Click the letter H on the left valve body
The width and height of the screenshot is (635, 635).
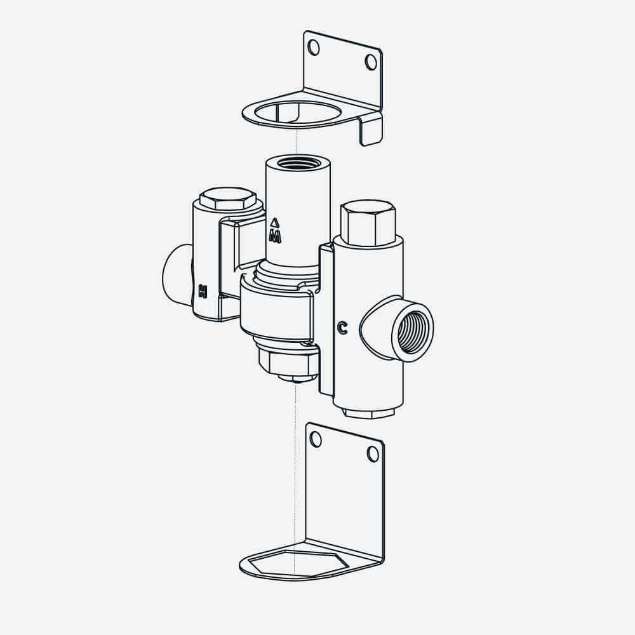[203, 291]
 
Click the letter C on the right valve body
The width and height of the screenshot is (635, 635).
[343, 328]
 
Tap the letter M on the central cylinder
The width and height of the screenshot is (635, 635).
[275, 237]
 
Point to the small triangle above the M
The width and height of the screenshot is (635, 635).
[274, 222]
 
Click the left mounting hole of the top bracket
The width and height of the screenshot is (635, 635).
[314, 48]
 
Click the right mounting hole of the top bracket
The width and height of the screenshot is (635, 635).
[371, 62]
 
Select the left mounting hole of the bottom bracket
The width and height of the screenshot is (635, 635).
[316, 439]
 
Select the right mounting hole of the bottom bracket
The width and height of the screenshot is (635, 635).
[373, 454]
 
